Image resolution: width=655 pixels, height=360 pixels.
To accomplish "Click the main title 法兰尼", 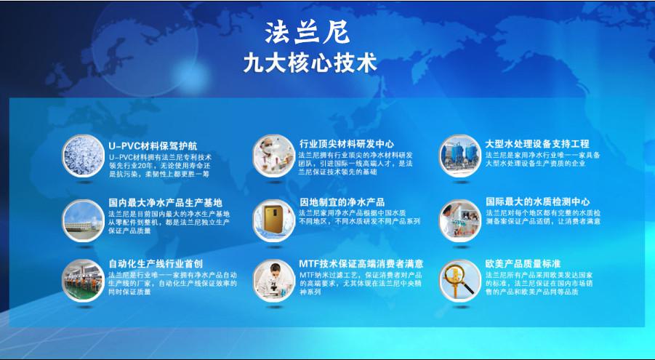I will (x=308, y=31).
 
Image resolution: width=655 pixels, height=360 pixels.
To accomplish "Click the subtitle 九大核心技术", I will (x=310, y=63).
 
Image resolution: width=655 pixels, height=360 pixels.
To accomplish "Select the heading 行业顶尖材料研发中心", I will (x=347, y=144).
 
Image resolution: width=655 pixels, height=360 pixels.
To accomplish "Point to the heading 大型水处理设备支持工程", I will (x=537, y=144).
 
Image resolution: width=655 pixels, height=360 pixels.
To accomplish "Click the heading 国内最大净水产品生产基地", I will (x=166, y=202).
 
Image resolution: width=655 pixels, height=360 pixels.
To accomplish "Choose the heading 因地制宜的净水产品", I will (x=342, y=202).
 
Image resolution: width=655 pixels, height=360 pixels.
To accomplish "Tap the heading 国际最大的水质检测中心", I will (x=538, y=202).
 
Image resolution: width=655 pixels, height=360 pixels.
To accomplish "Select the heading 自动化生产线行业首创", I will (x=156, y=263).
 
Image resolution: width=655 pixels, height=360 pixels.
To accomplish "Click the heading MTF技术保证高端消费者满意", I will (x=361, y=263).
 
